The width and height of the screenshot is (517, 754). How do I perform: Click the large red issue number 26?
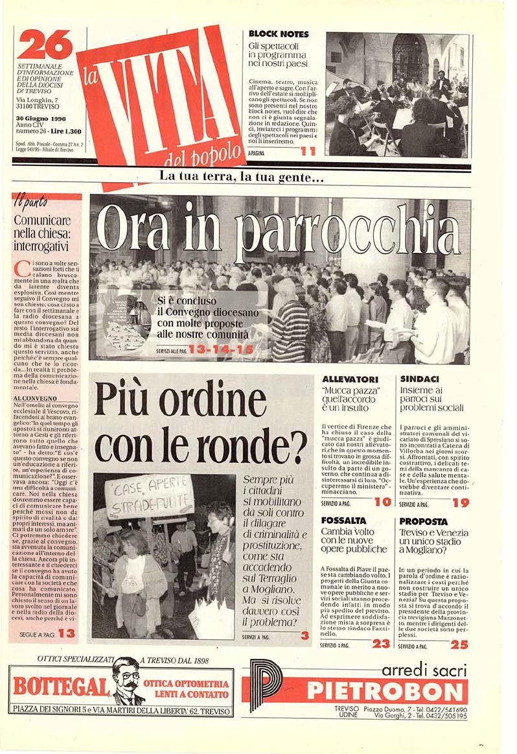pos(45,45)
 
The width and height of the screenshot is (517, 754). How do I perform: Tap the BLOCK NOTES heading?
pos(279,34)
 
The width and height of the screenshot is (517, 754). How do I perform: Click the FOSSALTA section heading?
pos(343,521)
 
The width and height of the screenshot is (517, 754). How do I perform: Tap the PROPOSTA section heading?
pos(423,521)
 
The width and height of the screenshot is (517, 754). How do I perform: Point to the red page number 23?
pos(381,644)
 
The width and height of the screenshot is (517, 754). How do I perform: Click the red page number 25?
pos(459,644)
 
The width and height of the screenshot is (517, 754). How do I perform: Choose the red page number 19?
pos(461,502)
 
